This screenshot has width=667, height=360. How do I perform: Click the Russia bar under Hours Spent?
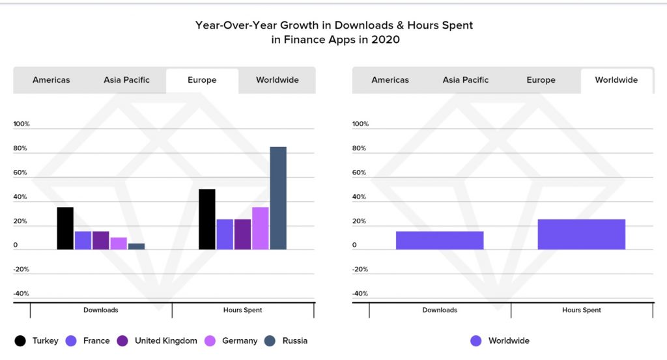[278, 198]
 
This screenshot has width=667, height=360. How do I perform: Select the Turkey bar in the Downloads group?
[65, 228]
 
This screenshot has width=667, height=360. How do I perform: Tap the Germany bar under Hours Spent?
[261, 228]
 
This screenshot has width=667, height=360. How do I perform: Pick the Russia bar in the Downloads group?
[136, 246]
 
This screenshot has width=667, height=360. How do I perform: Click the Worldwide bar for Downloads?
[440, 240]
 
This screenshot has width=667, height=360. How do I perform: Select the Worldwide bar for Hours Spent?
[581, 234]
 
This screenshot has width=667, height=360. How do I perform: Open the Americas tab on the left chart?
[51, 80]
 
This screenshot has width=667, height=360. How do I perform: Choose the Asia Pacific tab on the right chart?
[465, 80]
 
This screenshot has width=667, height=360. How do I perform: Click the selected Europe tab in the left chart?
[202, 80]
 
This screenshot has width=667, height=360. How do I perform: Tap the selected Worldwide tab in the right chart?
[616, 80]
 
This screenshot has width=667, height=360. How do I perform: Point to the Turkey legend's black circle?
[20, 340]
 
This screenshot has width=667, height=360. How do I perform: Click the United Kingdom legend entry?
[165, 340]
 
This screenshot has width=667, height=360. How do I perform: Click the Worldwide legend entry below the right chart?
[508, 340]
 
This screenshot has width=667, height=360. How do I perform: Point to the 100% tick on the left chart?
[21, 124]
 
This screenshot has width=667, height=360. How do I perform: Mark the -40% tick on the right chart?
[360, 294]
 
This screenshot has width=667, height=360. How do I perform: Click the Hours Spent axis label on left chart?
[243, 311]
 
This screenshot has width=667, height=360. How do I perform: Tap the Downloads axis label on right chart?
[440, 311]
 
